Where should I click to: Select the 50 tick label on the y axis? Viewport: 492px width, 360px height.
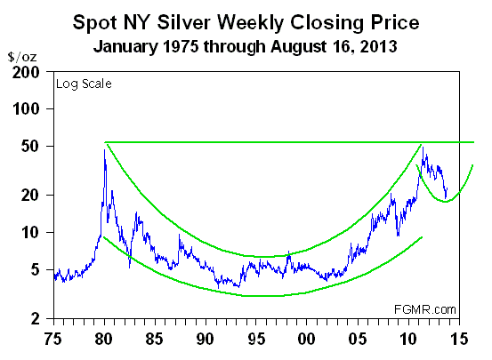click(x=33, y=146)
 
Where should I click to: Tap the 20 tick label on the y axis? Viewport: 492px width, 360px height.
click(x=33, y=195)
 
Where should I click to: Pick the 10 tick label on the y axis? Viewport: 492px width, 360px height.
click(x=33, y=232)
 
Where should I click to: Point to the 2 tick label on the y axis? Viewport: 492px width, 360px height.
click(x=37, y=317)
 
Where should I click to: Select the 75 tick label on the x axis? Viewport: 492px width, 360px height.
click(x=54, y=338)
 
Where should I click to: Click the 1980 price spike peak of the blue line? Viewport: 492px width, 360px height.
click(x=105, y=150)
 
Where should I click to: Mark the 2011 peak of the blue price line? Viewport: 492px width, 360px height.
click(x=423, y=148)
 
